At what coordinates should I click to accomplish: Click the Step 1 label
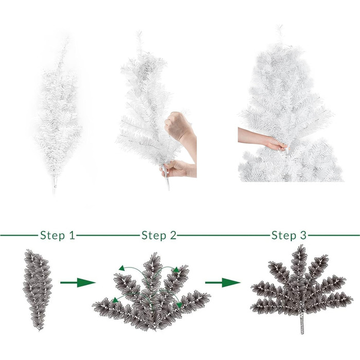[58, 236]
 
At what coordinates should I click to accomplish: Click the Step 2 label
[159, 236]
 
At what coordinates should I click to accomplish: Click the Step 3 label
[289, 236]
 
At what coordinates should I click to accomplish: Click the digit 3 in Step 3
[303, 236]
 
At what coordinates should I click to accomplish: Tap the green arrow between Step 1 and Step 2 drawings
[78, 282]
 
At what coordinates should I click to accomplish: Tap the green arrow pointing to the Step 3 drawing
[223, 282]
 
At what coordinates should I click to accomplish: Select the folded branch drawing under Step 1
[38, 290]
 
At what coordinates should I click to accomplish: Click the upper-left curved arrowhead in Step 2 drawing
[121, 268]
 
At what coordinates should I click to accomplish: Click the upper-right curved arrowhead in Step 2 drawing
[176, 269]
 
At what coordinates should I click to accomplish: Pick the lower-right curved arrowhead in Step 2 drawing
[179, 305]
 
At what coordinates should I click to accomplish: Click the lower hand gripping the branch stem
[175, 169]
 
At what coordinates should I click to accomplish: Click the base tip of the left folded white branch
[55, 192]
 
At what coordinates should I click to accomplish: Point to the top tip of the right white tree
[280, 26]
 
